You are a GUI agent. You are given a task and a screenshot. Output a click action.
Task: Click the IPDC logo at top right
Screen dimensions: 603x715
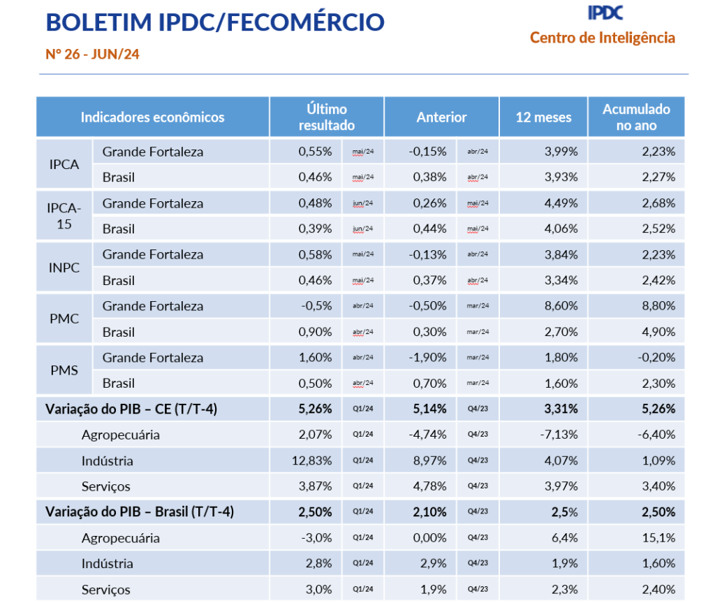(x=605, y=12)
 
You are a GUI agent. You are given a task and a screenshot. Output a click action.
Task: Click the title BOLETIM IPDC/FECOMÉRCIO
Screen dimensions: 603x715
(x=215, y=22)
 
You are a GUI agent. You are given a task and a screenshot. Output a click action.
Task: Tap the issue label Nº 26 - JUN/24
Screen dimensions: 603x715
(x=93, y=55)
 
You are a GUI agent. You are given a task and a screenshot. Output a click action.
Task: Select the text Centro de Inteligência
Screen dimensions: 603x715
(x=602, y=38)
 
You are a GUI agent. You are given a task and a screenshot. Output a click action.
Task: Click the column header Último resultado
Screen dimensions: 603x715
(x=326, y=117)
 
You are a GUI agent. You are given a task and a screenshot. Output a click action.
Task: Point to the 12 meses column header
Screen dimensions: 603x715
(x=543, y=117)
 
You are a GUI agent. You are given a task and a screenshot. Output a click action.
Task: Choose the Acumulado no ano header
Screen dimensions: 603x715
(x=635, y=117)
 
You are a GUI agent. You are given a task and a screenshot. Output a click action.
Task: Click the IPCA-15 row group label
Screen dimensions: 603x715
(x=64, y=216)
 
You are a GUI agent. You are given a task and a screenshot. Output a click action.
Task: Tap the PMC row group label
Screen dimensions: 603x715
(x=64, y=319)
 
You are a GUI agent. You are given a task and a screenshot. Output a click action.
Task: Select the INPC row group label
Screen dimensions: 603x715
(x=64, y=267)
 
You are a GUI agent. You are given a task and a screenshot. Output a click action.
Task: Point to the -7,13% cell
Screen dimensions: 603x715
(x=559, y=435)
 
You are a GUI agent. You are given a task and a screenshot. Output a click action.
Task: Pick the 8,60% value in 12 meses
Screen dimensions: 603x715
(x=561, y=306)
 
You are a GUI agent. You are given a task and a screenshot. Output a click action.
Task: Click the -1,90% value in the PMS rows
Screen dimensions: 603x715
(x=427, y=358)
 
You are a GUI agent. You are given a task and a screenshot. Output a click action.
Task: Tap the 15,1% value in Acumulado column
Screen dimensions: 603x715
(x=658, y=538)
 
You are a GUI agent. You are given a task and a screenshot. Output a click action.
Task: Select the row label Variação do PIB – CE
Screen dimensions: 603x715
(x=131, y=409)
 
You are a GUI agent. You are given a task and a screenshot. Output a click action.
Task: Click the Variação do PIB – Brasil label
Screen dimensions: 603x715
(x=140, y=512)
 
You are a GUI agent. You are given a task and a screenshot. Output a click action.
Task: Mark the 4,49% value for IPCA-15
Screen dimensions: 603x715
(x=561, y=203)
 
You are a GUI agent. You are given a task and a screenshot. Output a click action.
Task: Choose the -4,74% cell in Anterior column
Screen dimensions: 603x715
(x=427, y=435)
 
